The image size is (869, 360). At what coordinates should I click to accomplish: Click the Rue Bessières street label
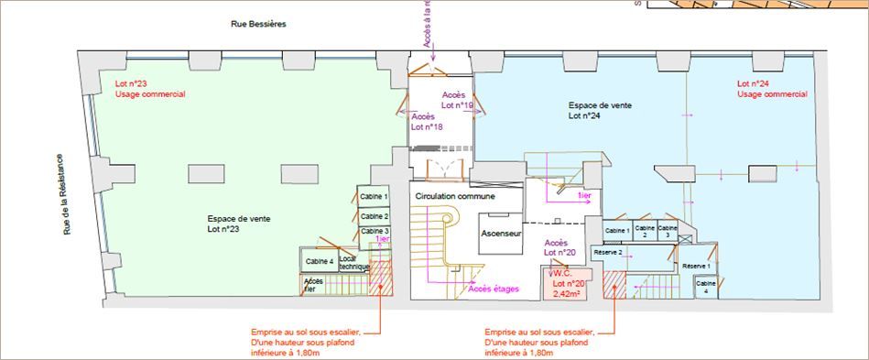(x=258, y=24)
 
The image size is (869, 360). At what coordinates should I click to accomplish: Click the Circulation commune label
(x=455, y=197)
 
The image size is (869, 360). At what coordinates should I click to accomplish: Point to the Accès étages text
(x=494, y=289)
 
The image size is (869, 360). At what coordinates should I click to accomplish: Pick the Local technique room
(x=353, y=262)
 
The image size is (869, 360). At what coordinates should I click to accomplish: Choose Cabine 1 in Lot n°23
(x=374, y=197)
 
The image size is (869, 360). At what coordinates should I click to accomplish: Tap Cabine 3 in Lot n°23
(x=374, y=231)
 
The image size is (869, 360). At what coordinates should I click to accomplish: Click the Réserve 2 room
(x=608, y=252)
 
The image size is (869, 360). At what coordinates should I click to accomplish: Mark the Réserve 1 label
(x=696, y=266)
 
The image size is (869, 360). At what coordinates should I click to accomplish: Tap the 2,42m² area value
(x=567, y=294)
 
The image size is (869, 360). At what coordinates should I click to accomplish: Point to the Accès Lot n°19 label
(x=457, y=100)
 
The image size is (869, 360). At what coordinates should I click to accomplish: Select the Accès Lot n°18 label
(x=427, y=122)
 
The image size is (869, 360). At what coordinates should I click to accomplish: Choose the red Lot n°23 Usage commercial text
(x=149, y=89)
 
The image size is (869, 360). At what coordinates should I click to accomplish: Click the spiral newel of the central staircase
(x=446, y=220)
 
